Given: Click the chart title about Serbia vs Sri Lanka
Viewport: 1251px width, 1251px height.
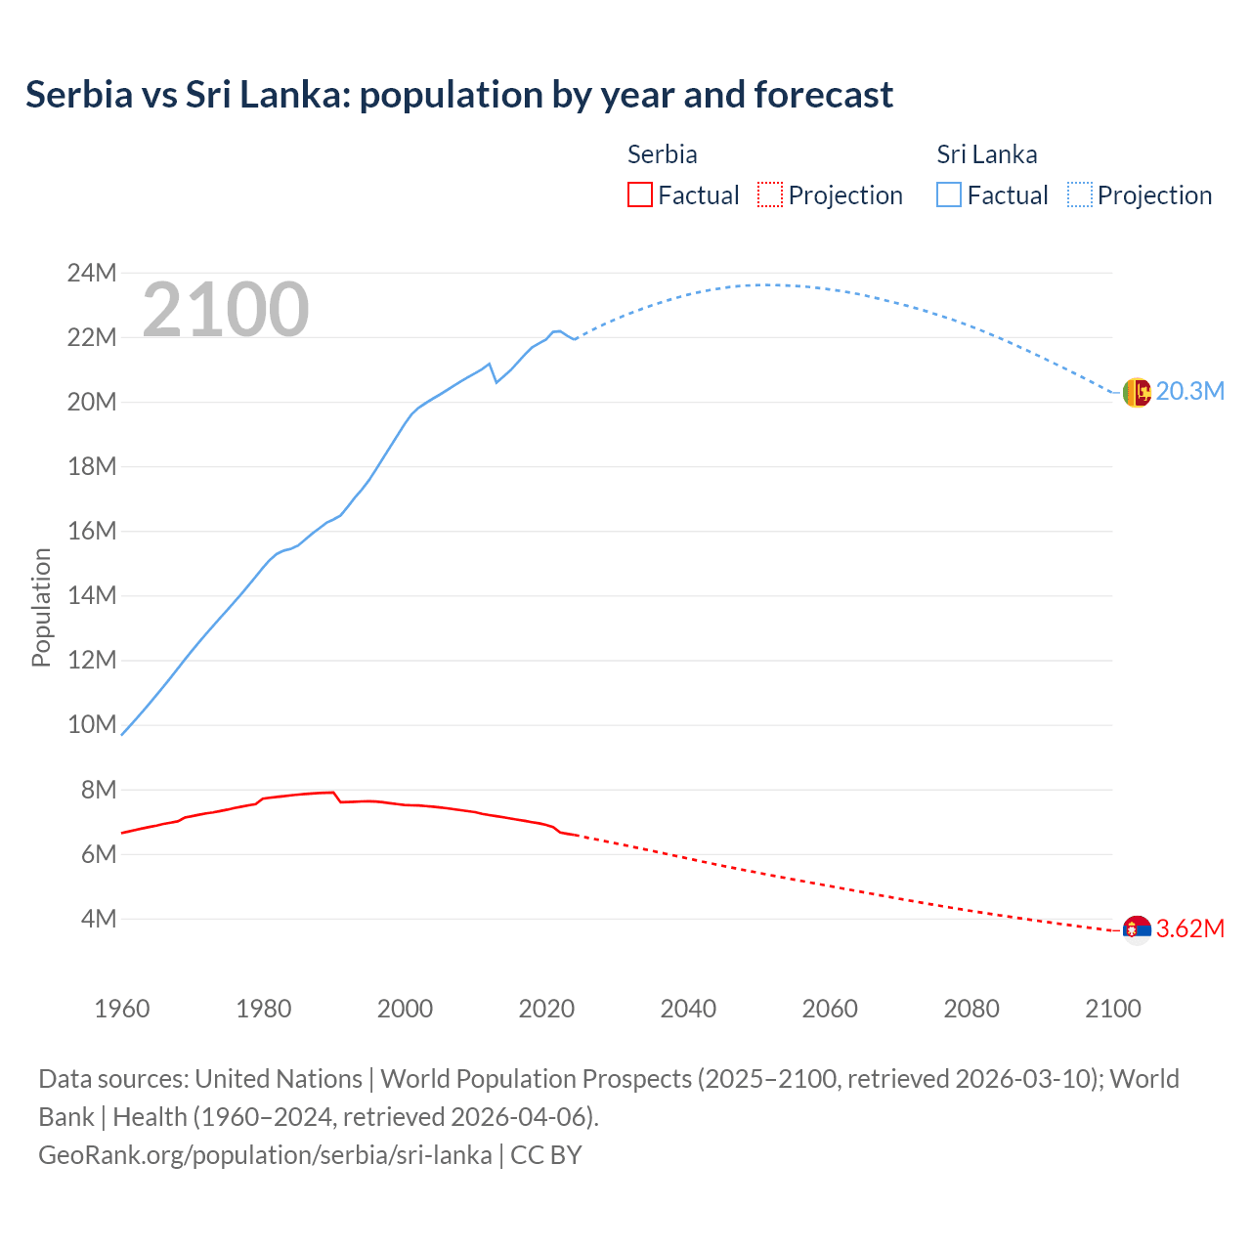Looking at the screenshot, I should [x=458, y=95].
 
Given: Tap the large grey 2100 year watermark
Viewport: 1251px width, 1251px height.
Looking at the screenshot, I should [x=226, y=310].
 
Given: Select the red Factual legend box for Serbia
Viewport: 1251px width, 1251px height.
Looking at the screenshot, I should [x=639, y=194].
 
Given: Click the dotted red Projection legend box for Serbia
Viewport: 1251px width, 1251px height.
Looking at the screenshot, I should [x=770, y=194].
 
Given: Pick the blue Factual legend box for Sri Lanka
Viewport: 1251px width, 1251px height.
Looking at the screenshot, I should [x=948, y=194].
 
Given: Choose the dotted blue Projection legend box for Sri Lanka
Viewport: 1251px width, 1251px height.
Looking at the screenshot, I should [x=1079, y=194].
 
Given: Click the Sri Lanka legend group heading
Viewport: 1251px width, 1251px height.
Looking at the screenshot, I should [x=986, y=154].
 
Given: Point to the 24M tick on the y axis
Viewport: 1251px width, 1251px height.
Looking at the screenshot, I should [x=92, y=273].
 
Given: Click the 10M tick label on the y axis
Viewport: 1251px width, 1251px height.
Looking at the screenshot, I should [x=92, y=724].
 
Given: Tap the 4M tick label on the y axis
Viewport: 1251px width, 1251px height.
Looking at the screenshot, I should [x=99, y=919].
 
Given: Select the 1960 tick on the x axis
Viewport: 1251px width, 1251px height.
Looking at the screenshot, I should [x=122, y=1009].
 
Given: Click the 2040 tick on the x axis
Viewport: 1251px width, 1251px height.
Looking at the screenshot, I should [x=688, y=1009].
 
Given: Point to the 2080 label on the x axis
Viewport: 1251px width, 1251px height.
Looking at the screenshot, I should [x=971, y=1009].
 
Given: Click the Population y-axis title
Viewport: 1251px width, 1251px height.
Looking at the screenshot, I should [x=41, y=607].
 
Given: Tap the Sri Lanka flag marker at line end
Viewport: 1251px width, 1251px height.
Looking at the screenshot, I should [x=1137, y=392].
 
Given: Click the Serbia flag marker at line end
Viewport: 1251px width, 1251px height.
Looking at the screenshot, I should [x=1137, y=929].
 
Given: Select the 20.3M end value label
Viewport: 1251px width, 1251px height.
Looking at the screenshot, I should [x=1189, y=392].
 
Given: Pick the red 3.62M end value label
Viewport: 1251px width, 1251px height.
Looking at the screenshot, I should [x=1189, y=928].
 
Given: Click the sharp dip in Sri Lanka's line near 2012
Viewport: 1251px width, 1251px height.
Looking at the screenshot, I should [x=496, y=381].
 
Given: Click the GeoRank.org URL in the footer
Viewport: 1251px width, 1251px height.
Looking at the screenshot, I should [x=265, y=1155].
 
